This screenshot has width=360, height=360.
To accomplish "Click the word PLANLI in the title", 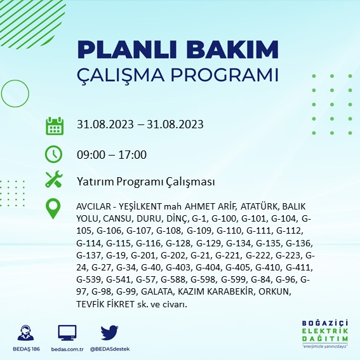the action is (128, 50).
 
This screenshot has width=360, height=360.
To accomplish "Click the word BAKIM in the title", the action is (232, 50).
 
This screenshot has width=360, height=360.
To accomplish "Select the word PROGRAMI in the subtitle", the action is (225, 75).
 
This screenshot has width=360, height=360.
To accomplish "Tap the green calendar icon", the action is (55, 126).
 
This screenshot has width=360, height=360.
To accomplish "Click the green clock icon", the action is (53, 154).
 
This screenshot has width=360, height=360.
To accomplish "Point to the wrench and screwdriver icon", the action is (54, 179).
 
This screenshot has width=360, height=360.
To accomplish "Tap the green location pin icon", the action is (53, 209).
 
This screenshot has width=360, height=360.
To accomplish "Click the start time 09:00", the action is (91, 155).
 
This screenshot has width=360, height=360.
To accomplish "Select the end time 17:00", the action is (133, 155).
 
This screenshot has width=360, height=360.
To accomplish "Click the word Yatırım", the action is (95, 182).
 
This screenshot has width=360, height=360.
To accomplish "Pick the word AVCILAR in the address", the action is (93, 206).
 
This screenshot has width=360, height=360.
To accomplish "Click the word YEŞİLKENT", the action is (140, 206).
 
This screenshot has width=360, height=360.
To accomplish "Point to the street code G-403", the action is (178, 268).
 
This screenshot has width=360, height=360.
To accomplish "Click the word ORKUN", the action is (274, 292).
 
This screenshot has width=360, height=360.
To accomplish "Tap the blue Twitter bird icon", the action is (109, 332).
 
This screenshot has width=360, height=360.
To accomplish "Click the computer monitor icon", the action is (67, 333).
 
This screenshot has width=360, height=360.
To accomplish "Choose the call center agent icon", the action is (25, 333).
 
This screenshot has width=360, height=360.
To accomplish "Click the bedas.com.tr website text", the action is (67, 349).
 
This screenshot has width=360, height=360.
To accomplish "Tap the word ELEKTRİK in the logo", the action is (325, 331).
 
